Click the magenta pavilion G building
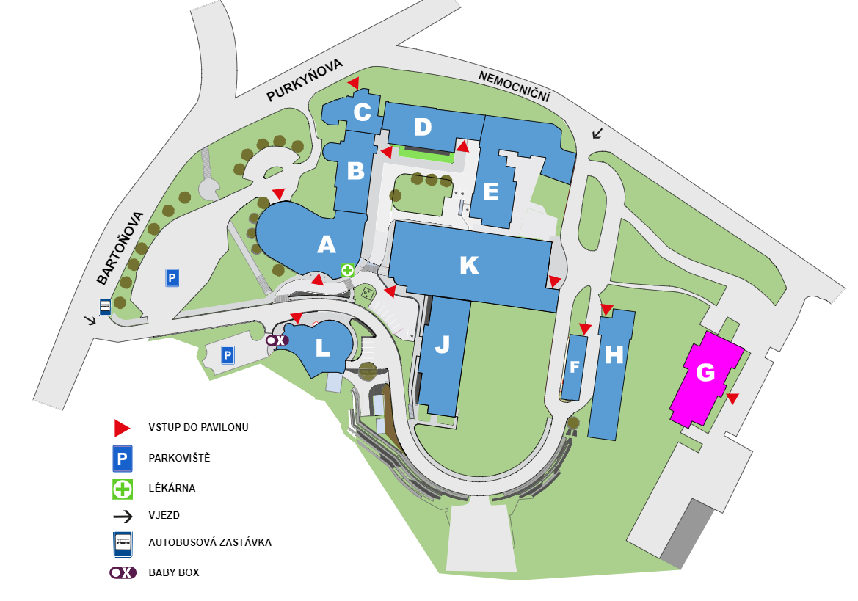pyautogui.click(x=706, y=378)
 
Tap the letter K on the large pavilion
pyautogui.click(x=469, y=265)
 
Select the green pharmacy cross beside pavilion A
pyautogui.click(x=347, y=269)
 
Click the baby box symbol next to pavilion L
pyautogui.click(x=277, y=340)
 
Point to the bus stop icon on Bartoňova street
pyautogui.click(x=105, y=307)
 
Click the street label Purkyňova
pyautogui.click(x=305, y=81)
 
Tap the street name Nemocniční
pyautogui.click(x=514, y=86)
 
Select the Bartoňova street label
pyautogui.click(x=120, y=248)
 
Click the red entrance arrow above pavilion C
pyautogui.click(x=354, y=83)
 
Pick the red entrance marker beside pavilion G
pyautogui.click(x=732, y=398)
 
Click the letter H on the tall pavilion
pyautogui.click(x=614, y=355)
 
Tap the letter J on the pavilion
pyautogui.click(x=442, y=344)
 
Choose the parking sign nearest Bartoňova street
pyautogui.click(x=172, y=278)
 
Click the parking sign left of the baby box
pyautogui.click(x=228, y=355)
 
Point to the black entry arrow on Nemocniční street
pyautogui.click(x=597, y=133)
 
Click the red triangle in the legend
pyautogui.click(x=122, y=429)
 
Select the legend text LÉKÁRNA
pyautogui.click(x=172, y=488)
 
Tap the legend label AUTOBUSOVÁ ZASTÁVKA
pyautogui.click(x=210, y=542)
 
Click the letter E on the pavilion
pyautogui.click(x=491, y=192)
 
